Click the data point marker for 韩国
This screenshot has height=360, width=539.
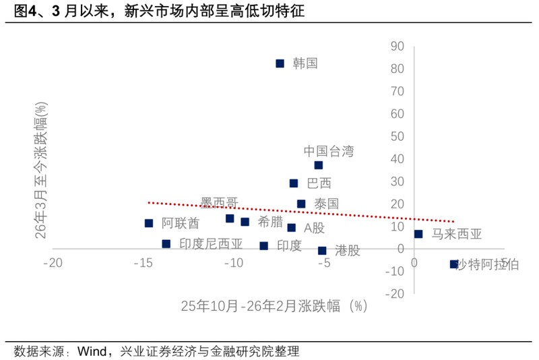point(280,63)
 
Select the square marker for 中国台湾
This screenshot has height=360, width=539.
point(318,165)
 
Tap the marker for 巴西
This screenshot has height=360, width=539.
point(294,183)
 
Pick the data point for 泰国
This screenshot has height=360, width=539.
point(301,204)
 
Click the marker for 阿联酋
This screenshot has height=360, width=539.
point(149,223)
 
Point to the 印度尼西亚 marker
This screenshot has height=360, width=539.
point(166,244)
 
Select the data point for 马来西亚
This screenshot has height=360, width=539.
point(418,234)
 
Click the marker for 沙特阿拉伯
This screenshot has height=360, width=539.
point(454,264)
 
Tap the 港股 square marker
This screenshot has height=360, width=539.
point(322,251)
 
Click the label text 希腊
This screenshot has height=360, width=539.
point(270,221)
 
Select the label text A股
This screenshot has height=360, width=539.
point(314,228)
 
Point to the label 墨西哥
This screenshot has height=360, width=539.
point(220,203)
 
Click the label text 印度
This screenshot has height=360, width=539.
point(289,246)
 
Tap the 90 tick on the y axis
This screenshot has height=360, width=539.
point(397,46)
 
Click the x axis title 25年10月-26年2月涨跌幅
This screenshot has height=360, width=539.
point(274,306)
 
